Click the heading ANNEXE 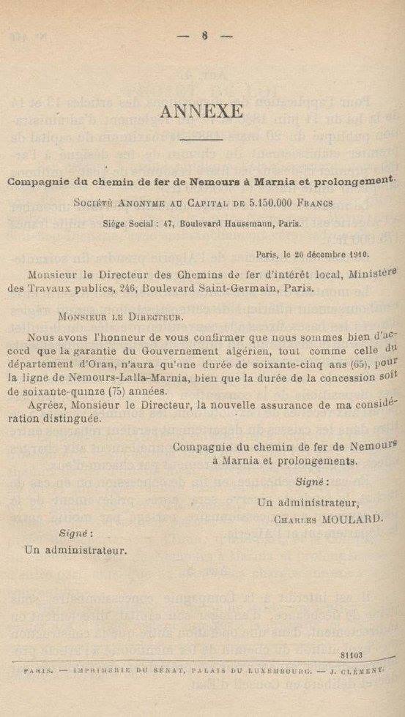[x=201, y=110]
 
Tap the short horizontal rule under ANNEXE [x=201, y=140]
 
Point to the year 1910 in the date [x=355, y=254]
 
